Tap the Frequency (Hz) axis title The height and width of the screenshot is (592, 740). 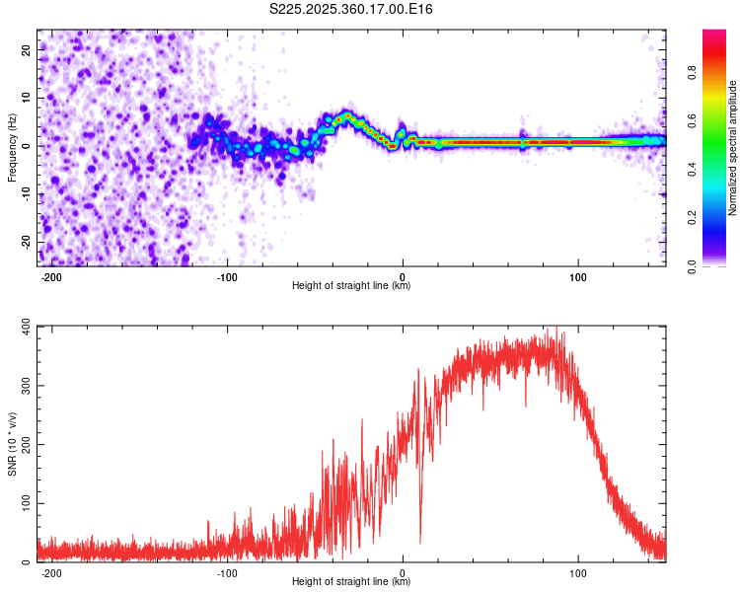pyautogui.click(x=12, y=147)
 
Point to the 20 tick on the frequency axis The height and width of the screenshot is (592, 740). pyautogui.click(x=26, y=48)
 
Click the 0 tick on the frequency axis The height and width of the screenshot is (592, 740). pyautogui.click(x=26, y=145)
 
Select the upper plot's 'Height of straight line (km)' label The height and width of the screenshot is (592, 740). pyautogui.click(x=351, y=287)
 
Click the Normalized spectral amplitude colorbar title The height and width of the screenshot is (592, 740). pyautogui.click(x=732, y=148)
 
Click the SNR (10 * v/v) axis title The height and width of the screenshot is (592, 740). pyautogui.click(x=12, y=444)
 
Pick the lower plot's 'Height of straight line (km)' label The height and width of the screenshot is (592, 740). pyautogui.click(x=351, y=583)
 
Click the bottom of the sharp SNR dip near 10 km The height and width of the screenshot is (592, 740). pyautogui.click(x=420, y=542)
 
